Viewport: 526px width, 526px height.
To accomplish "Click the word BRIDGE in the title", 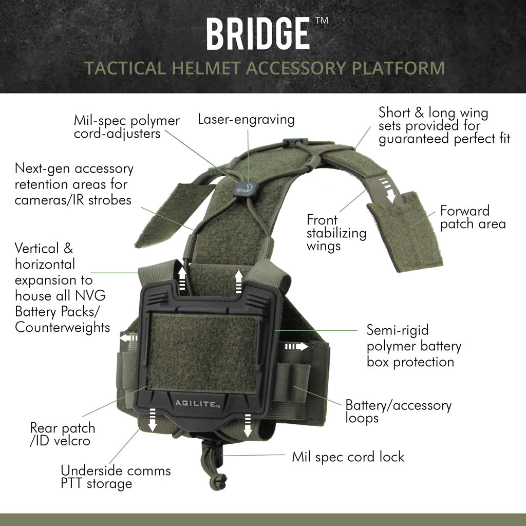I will (258, 34).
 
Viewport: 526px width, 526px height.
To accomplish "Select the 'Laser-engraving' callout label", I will (247, 120).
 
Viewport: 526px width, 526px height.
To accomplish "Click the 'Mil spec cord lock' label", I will (348, 456).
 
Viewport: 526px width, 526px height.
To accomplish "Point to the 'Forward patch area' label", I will (473, 217).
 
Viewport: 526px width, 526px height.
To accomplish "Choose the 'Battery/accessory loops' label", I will (398, 411).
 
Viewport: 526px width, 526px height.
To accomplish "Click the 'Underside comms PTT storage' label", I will (116, 477).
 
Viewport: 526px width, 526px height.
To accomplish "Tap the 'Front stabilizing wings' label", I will (336, 233).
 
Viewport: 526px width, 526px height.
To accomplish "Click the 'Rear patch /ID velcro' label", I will (63, 434).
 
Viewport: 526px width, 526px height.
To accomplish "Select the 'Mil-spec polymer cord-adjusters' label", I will (126, 127).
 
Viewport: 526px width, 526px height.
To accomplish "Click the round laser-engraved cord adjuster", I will (242, 188).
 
